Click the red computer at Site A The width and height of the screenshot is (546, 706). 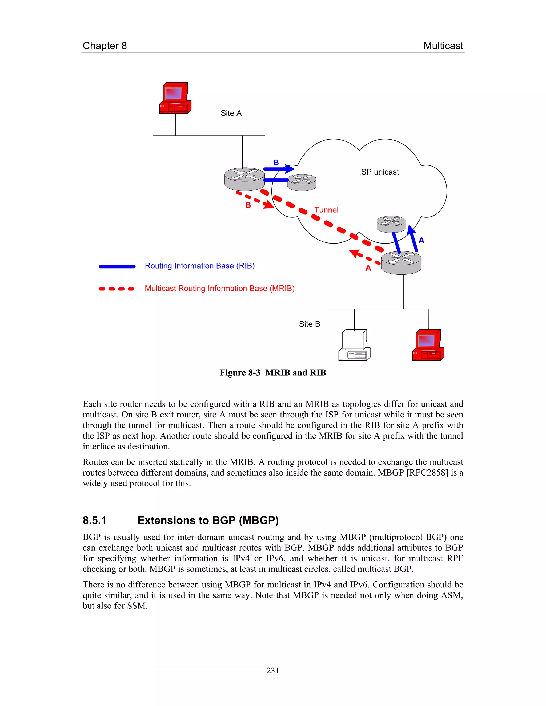coord(175,98)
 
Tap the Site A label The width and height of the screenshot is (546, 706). coord(231,113)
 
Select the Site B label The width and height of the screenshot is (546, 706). coord(309,324)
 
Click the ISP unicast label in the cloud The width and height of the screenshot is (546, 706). coord(379,172)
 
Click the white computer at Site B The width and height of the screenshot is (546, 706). coord(354,345)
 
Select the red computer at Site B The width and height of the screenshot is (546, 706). coord(428,345)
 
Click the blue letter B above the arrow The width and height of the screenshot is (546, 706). coord(276,163)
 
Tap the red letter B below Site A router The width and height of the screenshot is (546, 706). coord(248,205)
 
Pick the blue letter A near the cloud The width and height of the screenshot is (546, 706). coord(421,240)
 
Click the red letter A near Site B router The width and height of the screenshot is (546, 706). coord(368,268)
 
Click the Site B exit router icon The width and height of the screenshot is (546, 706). coord(401,263)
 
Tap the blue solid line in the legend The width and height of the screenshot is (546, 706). coord(117,267)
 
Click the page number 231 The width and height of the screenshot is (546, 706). coord(273,671)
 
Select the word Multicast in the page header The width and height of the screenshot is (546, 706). coord(443,46)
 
